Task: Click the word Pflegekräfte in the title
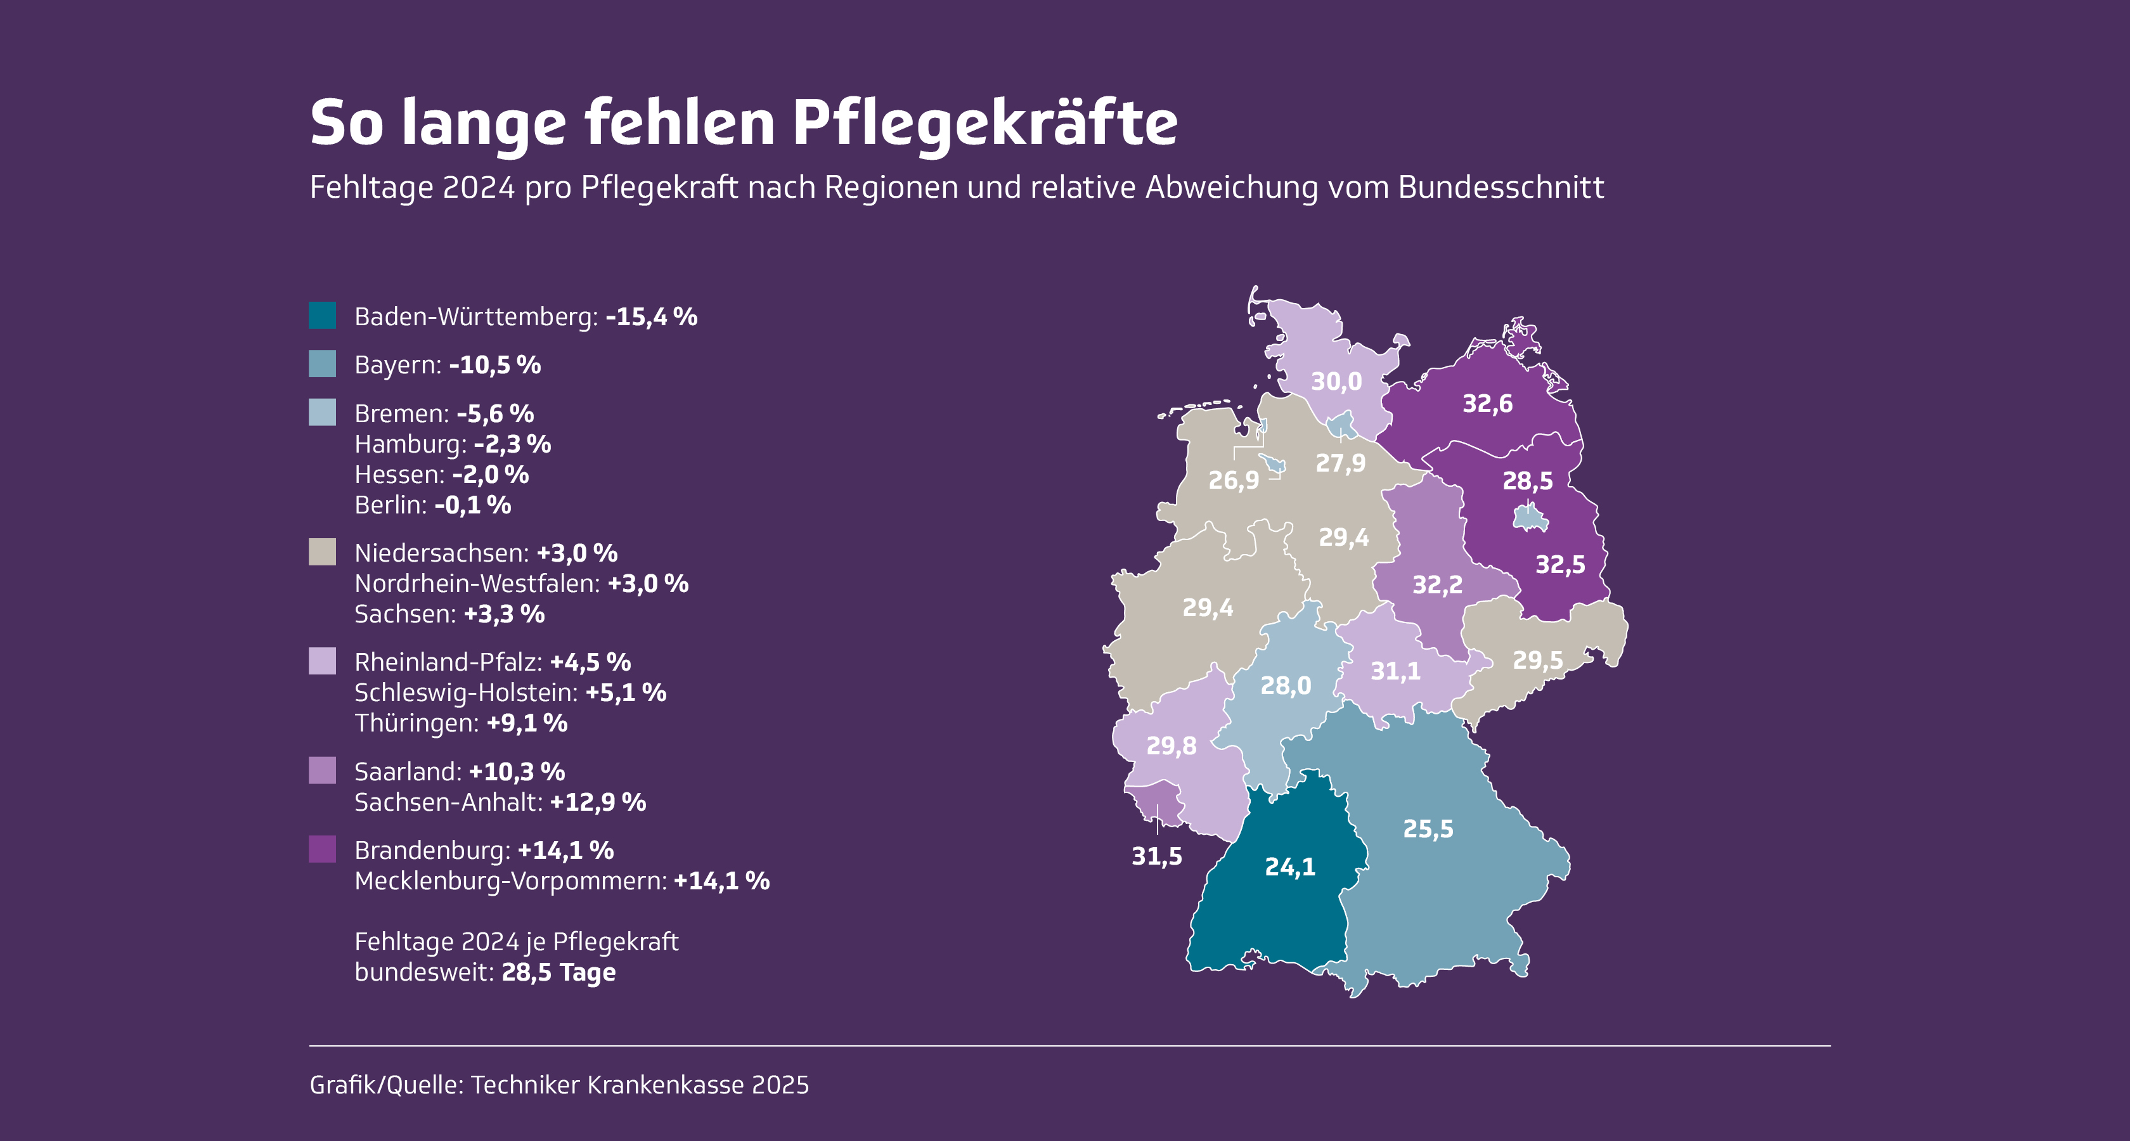point(984,124)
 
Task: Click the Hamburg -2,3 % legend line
point(452,444)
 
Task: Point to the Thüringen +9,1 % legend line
point(461,723)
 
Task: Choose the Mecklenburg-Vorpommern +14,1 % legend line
point(562,881)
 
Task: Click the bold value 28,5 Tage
point(558,972)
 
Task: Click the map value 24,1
point(1289,867)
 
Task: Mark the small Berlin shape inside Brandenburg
point(1530,519)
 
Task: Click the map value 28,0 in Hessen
point(1286,685)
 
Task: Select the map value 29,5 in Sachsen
point(1538,660)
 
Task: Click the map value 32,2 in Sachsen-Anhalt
point(1437,584)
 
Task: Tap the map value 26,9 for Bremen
point(1234,480)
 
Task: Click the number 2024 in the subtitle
point(479,188)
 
